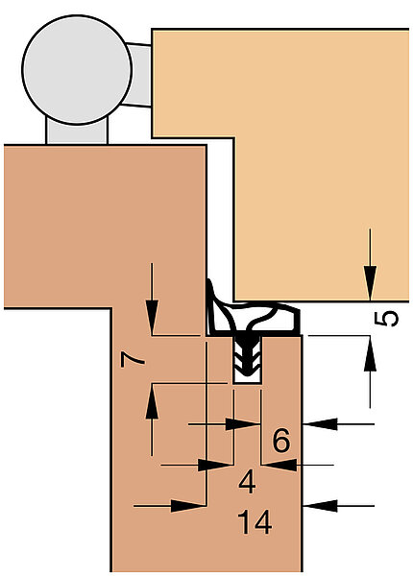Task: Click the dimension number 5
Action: coord(386,319)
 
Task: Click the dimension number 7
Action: coord(133,360)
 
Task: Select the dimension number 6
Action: coord(281,440)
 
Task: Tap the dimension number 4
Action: coord(247,482)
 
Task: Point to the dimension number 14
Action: coord(255,522)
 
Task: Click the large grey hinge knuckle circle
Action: coord(77,70)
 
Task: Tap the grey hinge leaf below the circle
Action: coord(77,131)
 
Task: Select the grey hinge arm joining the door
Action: coord(139,75)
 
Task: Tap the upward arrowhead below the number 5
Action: coord(370,353)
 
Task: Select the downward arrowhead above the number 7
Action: coord(152,317)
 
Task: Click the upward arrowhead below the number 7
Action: coord(152,401)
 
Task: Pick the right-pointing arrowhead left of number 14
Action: coord(188,506)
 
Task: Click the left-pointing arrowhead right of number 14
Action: coord(320,506)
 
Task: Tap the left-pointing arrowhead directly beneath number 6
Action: coord(280,465)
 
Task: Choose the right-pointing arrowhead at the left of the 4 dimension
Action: coord(215,465)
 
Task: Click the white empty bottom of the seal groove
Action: coord(248,379)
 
